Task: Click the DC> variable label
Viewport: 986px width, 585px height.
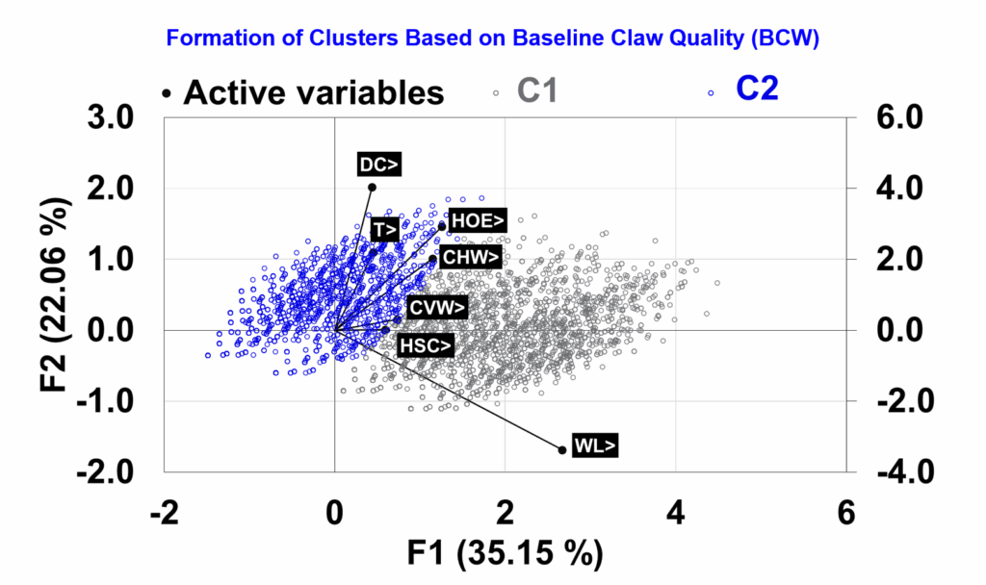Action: (x=379, y=165)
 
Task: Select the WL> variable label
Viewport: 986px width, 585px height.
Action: (x=594, y=445)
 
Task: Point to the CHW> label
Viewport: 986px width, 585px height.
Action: (x=470, y=257)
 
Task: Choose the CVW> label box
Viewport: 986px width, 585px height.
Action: (x=438, y=308)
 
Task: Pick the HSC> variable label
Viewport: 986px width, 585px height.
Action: (x=425, y=345)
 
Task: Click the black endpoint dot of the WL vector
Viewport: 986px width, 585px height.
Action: (x=562, y=449)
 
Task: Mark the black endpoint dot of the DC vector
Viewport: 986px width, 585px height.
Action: (x=372, y=188)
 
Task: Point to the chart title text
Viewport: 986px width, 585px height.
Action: (x=491, y=38)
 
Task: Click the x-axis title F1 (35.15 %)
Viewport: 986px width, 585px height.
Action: (x=505, y=555)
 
